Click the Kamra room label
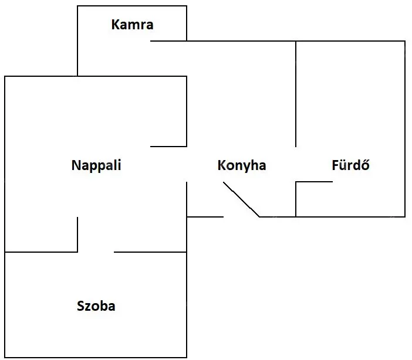point(132,25)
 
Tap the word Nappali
point(96,166)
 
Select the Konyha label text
point(242,166)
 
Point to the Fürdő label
point(350,165)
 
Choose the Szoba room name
point(96,306)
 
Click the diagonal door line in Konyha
point(241,199)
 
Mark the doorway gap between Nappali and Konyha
point(187,164)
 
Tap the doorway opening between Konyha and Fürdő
point(296,164)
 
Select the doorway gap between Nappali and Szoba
point(96,252)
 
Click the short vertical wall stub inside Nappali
point(77,235)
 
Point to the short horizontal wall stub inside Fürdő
point(314,182)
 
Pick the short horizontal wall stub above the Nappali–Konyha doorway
point(168,147)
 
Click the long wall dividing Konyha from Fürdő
point(296,94)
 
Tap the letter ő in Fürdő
point(366,165)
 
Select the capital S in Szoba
point(80,306)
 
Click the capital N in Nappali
point(76,165)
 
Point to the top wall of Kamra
point(132,6)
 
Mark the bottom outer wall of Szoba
point(96,357)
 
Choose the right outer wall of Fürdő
point(405,129)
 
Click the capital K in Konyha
point(221,165)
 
